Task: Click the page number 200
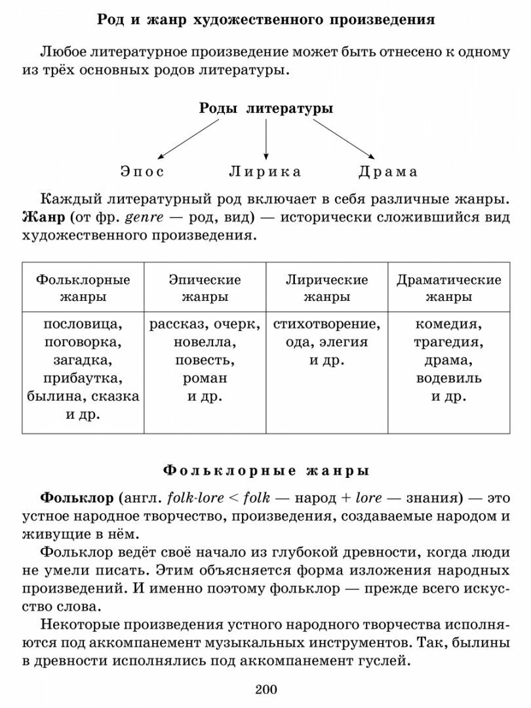coord(265,689)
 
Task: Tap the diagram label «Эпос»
coord(142,172)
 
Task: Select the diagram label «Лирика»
coord(265,172)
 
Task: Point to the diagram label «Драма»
coord(388,172)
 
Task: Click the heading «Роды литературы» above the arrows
coord(265,109)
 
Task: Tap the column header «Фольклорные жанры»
coord(83,288)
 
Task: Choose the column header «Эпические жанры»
coord(205,288)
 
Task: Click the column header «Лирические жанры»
coord(326,288)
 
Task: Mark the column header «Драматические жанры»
coord(448,288)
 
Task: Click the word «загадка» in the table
coord(83,360)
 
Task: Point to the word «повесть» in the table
coord(205,360)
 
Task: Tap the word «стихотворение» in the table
coord(326,324)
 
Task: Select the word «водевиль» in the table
coord(448,378)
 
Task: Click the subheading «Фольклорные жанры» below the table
coord(265,471)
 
